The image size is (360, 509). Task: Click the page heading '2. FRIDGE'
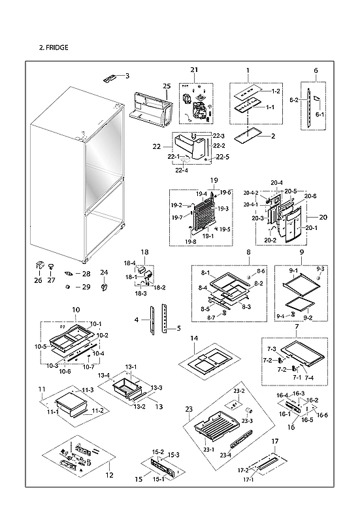[x=54, y=48]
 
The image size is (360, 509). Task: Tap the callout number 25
[x=166, y=86]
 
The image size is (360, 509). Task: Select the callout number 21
[x=194, y=70]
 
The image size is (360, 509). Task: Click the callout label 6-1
[x=319, y=114]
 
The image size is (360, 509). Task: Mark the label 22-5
[x=222, y=157]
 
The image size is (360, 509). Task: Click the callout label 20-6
[x=310, y=196]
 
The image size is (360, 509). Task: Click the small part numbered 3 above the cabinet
[x=108, y=78]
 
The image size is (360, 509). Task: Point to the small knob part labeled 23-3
[x=249, y=410]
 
